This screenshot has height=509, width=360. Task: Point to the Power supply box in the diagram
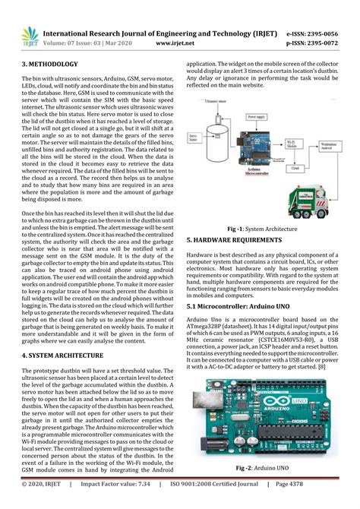click(x=243, y=119)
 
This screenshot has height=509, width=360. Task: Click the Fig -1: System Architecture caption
click(x=261, y=228)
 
